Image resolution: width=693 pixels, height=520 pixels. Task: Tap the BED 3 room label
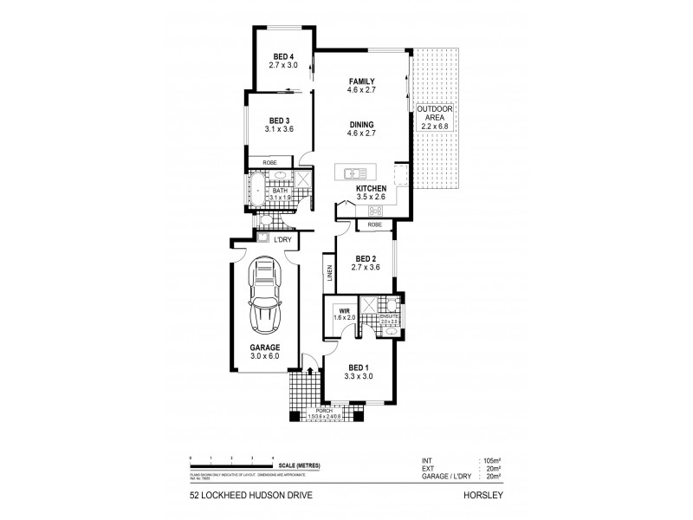(279, 120)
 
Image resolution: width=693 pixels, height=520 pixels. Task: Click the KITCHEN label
(371, 189)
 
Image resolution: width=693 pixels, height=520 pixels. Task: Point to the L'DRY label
(282, 240)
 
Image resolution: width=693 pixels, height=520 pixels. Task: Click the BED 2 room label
(363, 259)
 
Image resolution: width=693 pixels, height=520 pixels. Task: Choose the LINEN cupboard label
(330, 272)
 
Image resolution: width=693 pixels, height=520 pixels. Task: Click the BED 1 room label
(359, 367)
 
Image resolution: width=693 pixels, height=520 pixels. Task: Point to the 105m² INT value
(492, 461)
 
